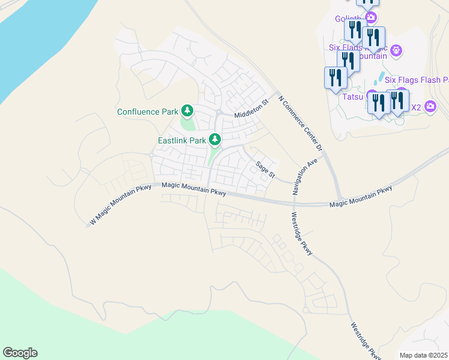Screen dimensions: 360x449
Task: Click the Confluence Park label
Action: coord(148,112)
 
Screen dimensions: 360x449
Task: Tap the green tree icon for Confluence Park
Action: coord(188,110)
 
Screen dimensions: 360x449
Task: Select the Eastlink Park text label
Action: coord(182,140)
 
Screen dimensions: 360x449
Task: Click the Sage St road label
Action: coord(265,169)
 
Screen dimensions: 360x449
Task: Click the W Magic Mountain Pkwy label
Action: coord(120,205)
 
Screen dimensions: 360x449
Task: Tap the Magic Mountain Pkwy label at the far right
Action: coord(361,197)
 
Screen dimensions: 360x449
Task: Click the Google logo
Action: coord(20,353)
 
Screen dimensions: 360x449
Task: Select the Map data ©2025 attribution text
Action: coord(424,355)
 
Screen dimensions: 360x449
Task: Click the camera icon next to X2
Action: coord(430,107)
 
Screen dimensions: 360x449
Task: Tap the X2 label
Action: coord(415,107)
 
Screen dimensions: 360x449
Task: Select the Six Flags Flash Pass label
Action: coord(417,79)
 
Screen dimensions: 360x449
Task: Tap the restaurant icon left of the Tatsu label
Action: coord(335,78)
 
